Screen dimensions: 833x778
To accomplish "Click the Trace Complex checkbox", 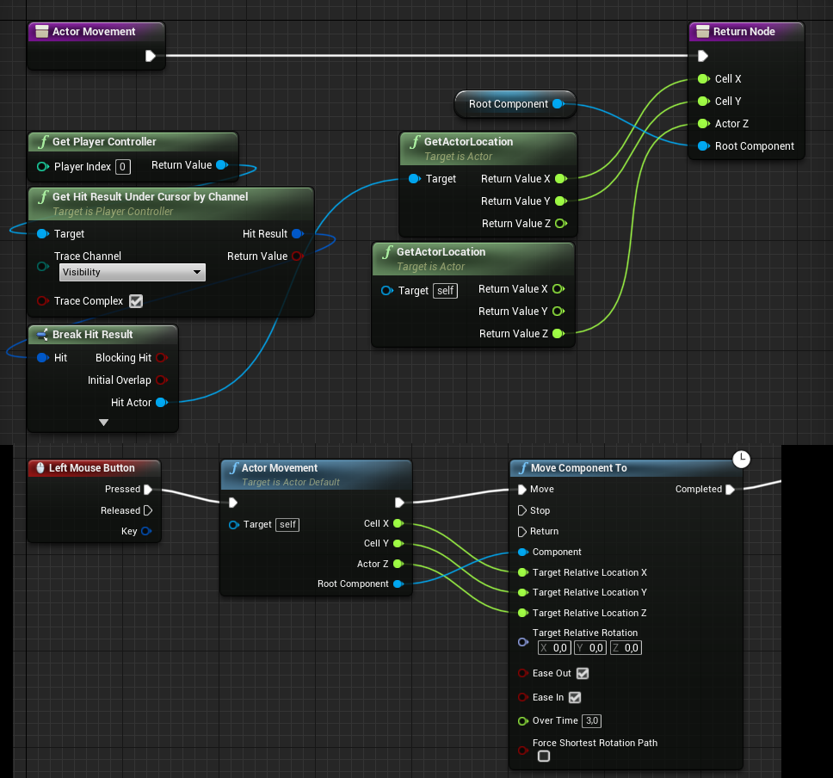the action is click(136, 300).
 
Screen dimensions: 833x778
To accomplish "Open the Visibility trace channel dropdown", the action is click(133, 272).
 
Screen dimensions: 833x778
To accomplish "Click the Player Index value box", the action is click(123, 167).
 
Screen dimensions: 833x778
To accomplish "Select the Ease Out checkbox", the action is click(583, 673).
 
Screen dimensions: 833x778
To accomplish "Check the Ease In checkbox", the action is click(575, 697).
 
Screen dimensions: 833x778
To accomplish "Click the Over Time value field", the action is click(592, 720).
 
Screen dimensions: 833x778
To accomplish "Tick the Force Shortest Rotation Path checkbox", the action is click(544, 756).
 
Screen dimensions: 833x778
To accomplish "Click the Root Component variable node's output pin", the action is click(558, 103).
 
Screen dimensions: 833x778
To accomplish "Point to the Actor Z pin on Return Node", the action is click(703, 123).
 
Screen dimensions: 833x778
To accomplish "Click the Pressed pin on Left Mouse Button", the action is click(148, 490).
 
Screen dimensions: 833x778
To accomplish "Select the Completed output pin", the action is click(730, 490).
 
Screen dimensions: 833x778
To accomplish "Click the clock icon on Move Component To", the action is click(741, 460).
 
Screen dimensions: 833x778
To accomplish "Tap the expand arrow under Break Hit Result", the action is click(103, 423).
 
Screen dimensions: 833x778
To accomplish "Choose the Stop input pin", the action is click(522, 510).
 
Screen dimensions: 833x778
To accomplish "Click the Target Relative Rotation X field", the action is click(554, 648).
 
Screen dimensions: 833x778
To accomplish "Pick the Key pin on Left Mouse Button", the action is click(146, 531).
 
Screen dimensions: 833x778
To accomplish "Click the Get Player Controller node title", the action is click(104, 142).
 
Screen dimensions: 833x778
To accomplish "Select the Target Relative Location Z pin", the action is click(522, 613).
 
